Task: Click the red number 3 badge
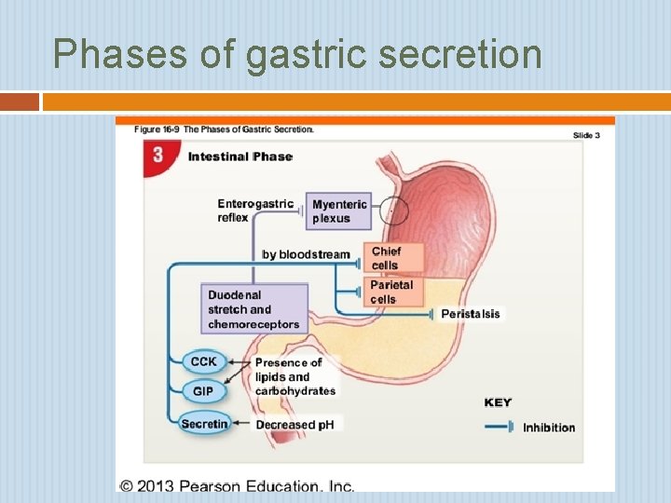157,156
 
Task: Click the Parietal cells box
391,292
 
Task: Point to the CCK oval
203,361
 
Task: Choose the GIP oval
203,391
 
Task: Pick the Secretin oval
204,424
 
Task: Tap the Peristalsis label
470,314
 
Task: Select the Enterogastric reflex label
254,211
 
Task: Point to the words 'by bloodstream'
306,254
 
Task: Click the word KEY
498,402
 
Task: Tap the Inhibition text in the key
549,428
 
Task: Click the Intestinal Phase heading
240,156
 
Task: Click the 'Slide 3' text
586,135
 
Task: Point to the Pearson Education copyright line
238,484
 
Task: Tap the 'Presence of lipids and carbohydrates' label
294,376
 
